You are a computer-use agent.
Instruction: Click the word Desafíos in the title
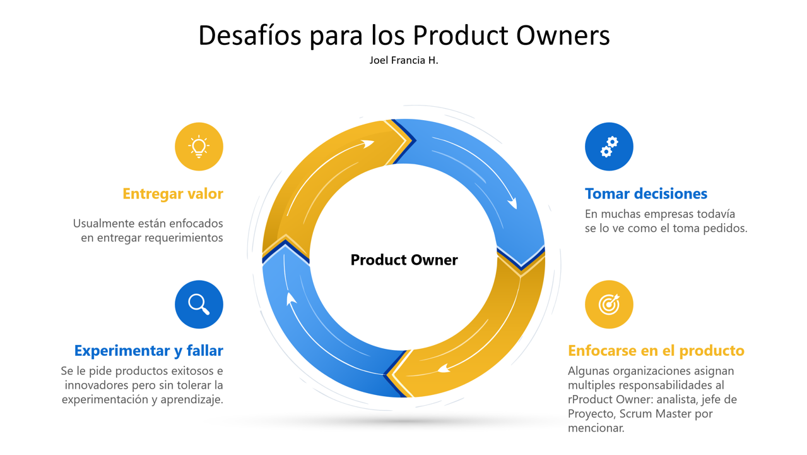[250, 35]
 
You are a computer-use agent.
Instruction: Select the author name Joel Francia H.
[404, 60]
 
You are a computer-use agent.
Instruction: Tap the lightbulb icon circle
[199, 147]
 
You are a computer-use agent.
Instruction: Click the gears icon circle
[609, 147]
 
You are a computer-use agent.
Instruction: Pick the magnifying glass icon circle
[199, 304]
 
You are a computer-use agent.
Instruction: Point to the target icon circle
[609, 304]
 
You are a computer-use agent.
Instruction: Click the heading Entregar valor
[173, 194]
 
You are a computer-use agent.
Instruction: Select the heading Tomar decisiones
[646, 194]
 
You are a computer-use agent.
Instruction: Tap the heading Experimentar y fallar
[149, 351]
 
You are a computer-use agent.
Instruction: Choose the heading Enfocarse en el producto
[656, 351]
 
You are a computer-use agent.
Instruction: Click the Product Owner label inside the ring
[404, 260]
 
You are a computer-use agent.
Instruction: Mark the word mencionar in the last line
[596, 428]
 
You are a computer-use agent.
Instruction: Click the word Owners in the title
[563, 35]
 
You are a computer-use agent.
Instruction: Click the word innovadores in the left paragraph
[97, 385]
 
